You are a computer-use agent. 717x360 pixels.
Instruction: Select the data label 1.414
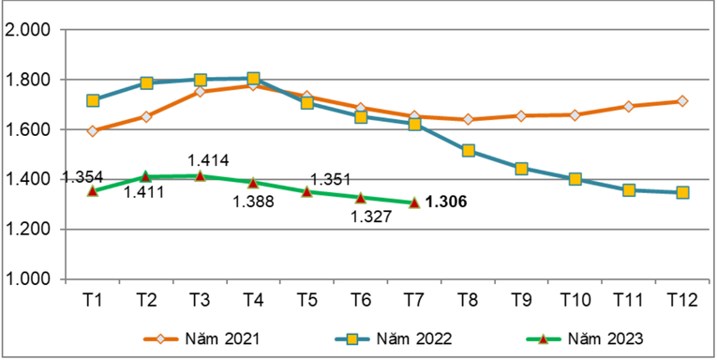(209, 160)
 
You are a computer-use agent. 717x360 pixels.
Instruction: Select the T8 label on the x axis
(468, 298)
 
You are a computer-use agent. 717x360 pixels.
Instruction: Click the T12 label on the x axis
(682, 298)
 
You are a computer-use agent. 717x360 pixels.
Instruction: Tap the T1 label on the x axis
(93, 298)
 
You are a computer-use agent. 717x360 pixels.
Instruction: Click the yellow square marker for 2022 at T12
(682, 192)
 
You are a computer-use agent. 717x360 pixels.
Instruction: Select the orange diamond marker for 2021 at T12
(682, 101)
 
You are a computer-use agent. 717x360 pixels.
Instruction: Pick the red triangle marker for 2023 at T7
(414, 202)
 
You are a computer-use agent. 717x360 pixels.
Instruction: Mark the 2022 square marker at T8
(468, 150)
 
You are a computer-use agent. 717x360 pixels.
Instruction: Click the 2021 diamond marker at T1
(93, 131)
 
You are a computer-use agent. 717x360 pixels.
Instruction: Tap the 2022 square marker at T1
(93, 100)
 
